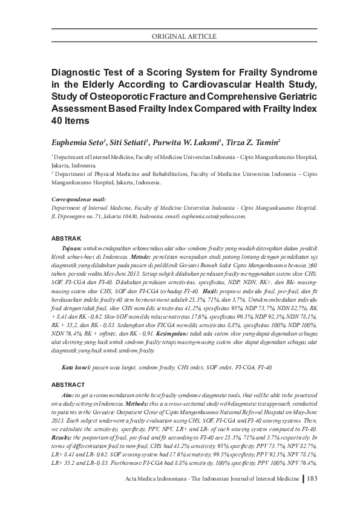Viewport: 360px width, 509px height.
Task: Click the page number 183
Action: [312, 479]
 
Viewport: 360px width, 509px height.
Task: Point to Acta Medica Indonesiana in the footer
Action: [145, 479]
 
